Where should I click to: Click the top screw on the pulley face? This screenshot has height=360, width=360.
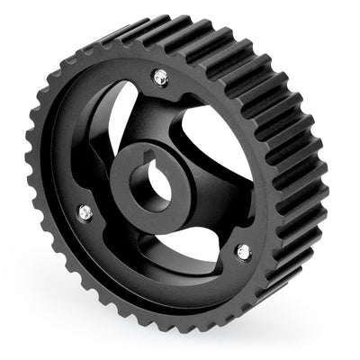tap(161, 78)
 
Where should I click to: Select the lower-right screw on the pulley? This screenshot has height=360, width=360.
tap(241, 252)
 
